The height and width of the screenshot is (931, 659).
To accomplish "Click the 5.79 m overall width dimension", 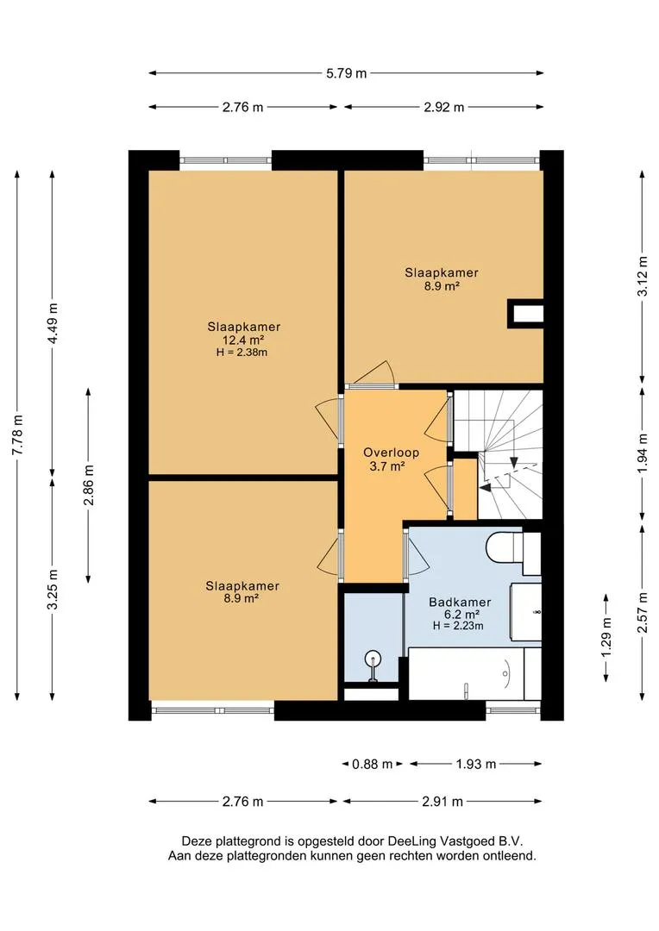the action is [x=347, y=73].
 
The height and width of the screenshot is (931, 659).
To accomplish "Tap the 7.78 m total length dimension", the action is [x=18, y=434].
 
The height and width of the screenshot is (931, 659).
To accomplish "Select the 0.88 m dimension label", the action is [x=372, y=764].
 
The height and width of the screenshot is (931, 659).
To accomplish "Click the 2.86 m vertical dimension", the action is [x=89, y=485].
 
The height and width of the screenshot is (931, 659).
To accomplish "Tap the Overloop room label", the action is [x=391, y=453].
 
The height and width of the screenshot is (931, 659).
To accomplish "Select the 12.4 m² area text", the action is [x=242, y=341].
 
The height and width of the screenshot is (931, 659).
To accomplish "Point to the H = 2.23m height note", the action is [x=458, y=626].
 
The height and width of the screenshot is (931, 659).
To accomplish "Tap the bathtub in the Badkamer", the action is [x=474, y=674].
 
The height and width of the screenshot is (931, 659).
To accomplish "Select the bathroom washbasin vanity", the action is [x=526, y=612].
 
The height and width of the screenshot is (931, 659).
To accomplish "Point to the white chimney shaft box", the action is [x=525, y=314].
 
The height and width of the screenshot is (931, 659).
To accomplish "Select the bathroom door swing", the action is [x=416, y=553].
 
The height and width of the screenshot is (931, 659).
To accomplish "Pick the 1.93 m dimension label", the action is [x=476, y=764].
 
